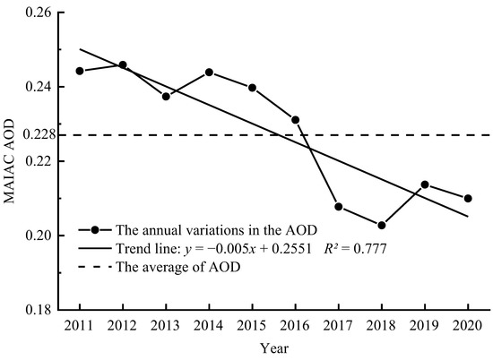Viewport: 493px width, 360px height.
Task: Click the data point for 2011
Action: click(80, 71)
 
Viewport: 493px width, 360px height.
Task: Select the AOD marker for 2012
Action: click(123, 65)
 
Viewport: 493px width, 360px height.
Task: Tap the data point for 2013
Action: click(166, 96)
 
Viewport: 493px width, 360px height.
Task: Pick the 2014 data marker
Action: click(209, 72)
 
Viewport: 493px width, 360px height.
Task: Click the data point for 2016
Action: click(295, 119)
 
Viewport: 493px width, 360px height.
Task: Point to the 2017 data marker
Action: click(339, 207)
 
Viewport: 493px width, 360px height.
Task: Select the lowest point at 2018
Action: click(382, 226)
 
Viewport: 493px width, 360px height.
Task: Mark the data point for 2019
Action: click(425, 184)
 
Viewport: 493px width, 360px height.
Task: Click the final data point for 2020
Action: click(468, 198)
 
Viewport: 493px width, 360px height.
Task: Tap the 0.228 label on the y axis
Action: click(36, 134)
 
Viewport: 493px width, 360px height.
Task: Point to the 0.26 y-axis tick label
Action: click(39, 13)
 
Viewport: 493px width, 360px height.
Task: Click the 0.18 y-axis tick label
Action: click(39, 310)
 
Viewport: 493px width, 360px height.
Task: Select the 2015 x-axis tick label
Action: click(252, 324)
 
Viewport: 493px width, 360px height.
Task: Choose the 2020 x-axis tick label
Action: click(468, 324)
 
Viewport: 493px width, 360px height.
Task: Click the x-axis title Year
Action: click(273, 347)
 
